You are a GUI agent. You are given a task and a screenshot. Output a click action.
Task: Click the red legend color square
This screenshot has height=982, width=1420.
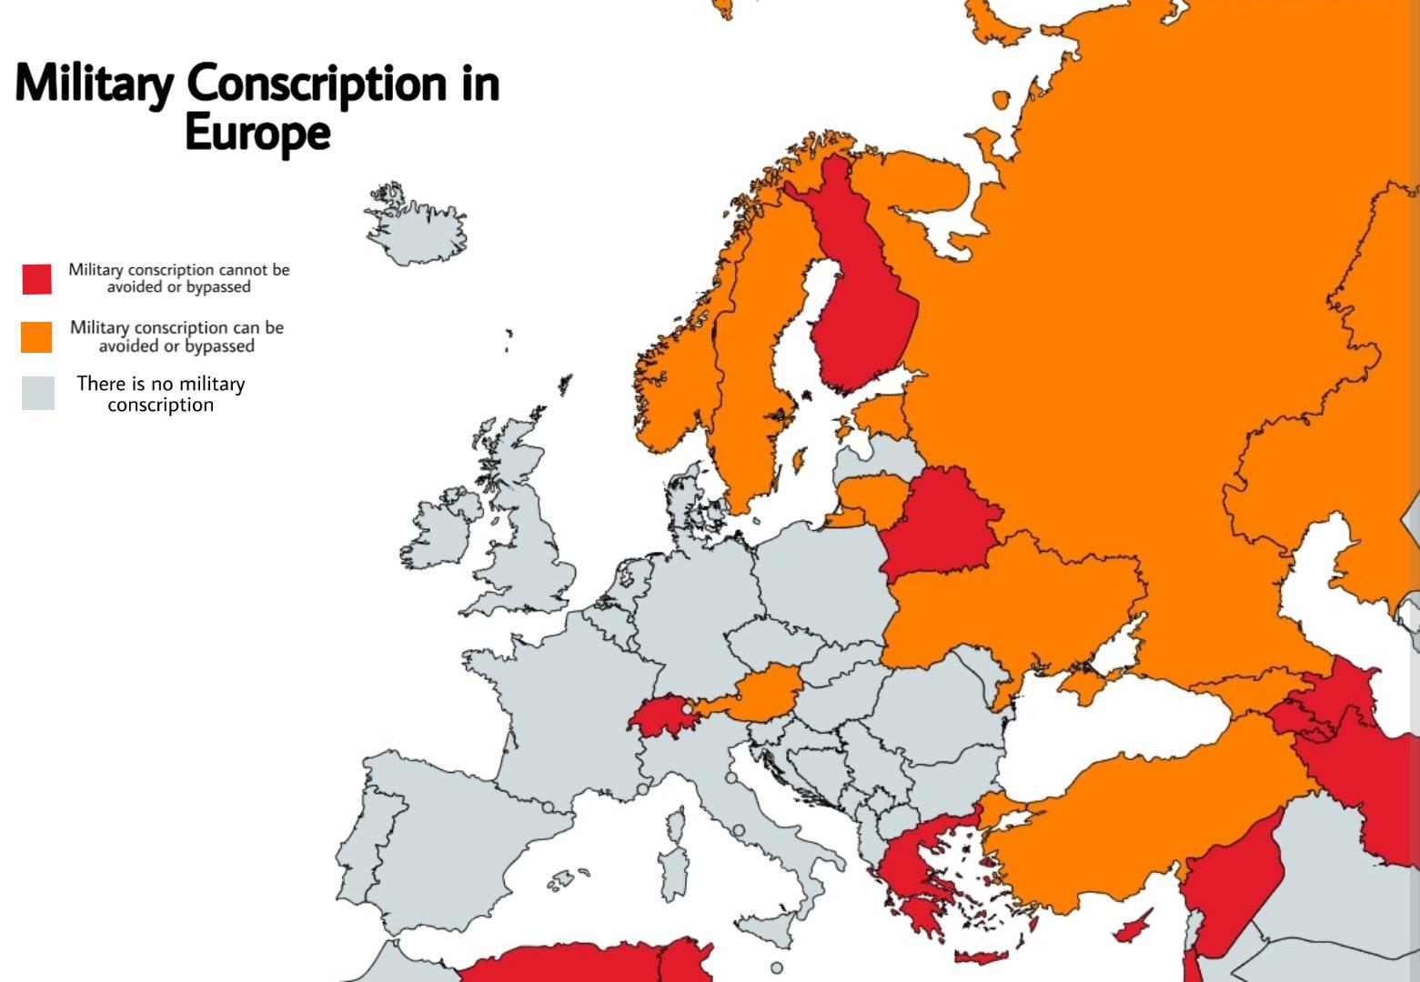[37, 279]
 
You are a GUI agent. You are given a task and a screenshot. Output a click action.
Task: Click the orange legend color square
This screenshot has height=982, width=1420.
[37, 336]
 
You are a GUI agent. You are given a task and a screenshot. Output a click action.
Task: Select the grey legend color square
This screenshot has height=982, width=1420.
[37, 394]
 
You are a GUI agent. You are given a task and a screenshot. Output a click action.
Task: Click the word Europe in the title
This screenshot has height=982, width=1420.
[257, 133]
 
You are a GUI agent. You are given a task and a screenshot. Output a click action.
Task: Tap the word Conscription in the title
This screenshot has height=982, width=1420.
[317, 84]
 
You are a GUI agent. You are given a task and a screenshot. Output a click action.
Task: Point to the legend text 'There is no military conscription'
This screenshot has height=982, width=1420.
[161, 394]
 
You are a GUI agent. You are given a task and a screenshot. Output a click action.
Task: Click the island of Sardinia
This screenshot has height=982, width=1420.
[674, 873]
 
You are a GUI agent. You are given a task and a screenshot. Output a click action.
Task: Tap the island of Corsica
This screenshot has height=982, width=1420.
[675, 823]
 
